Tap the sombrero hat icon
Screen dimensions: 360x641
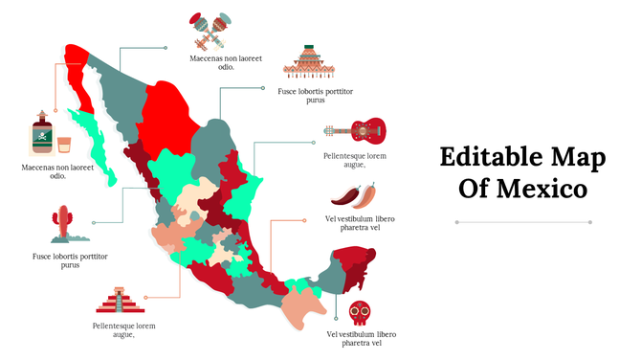[x=307, y=62]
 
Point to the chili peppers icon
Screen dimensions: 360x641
[x=354, y=195]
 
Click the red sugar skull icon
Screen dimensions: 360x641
[x=360, y=313]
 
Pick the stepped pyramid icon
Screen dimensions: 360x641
[x=119, y=301]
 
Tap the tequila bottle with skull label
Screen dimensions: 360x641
[x=41, y=137]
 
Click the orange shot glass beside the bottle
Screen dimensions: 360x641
[x=65, y=145]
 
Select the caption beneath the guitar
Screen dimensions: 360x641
[x=355, y=160]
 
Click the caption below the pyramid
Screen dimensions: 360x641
[x=124, y=330]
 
